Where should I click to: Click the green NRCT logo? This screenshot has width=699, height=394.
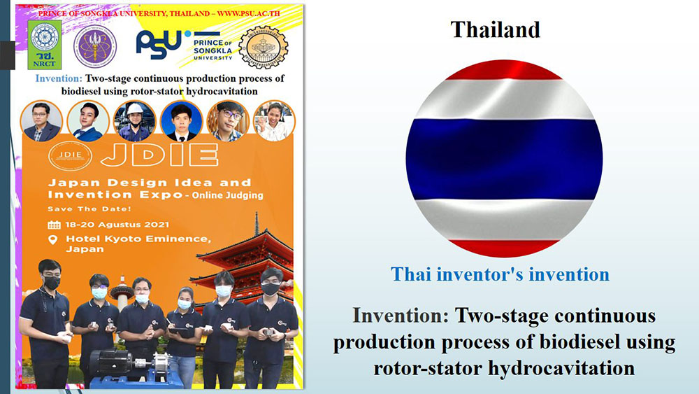tap(44, 45)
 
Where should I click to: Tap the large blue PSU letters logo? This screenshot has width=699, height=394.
tap(159, 43)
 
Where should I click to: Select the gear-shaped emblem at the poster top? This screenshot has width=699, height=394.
tap(263, 47)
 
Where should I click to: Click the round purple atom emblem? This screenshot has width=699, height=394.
tap(95, 46)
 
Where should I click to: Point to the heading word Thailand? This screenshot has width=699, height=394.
tap(496, 30)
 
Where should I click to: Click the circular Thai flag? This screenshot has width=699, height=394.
tap(504, 159)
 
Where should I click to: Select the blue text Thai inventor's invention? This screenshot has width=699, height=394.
tap(500, 274)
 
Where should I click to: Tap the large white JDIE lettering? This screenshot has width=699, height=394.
tap(159, 155)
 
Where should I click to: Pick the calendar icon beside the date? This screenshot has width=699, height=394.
tap(54, 225)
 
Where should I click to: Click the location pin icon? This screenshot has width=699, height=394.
tap(52, 240)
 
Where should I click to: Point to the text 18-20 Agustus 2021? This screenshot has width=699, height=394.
tap(117, 225)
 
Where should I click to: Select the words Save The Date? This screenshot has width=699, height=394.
tap(89, 209)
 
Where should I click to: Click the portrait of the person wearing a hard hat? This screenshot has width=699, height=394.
tap(134, 121)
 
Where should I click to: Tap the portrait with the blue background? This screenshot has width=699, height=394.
tap(182, 121)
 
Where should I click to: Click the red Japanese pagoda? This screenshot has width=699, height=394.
tap(244, 263)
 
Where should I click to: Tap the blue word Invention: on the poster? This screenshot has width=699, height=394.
tap(59, 78)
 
